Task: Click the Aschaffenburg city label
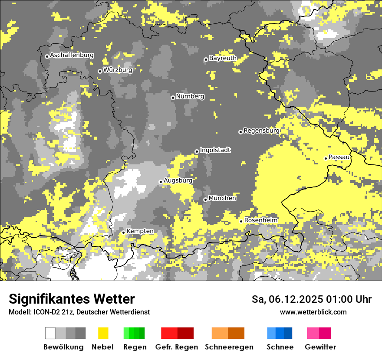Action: click(72, 56)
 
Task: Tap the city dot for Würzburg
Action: click(100, 71)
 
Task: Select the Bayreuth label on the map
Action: click(223, 58)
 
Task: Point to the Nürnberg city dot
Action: click(173, 98)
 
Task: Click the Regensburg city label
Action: click(261, 131)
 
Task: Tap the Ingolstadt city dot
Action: click(197, 151)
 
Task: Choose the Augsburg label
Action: click(178, 180)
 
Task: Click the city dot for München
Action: click(205, 200)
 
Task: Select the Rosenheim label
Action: click(260, 220)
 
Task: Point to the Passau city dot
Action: click(326, 158)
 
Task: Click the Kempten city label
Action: click(140, 231)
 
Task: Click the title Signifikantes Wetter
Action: click(72, 299)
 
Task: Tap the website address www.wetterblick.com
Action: click(313, 312)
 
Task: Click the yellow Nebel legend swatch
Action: click(103, 333)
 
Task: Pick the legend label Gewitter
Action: click(320, 347)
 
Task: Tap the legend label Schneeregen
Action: click(229, 347)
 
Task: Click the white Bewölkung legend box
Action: click(50, 333)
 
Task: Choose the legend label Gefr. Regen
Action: click(177, 347)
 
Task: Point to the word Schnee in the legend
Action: click(280, 347)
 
